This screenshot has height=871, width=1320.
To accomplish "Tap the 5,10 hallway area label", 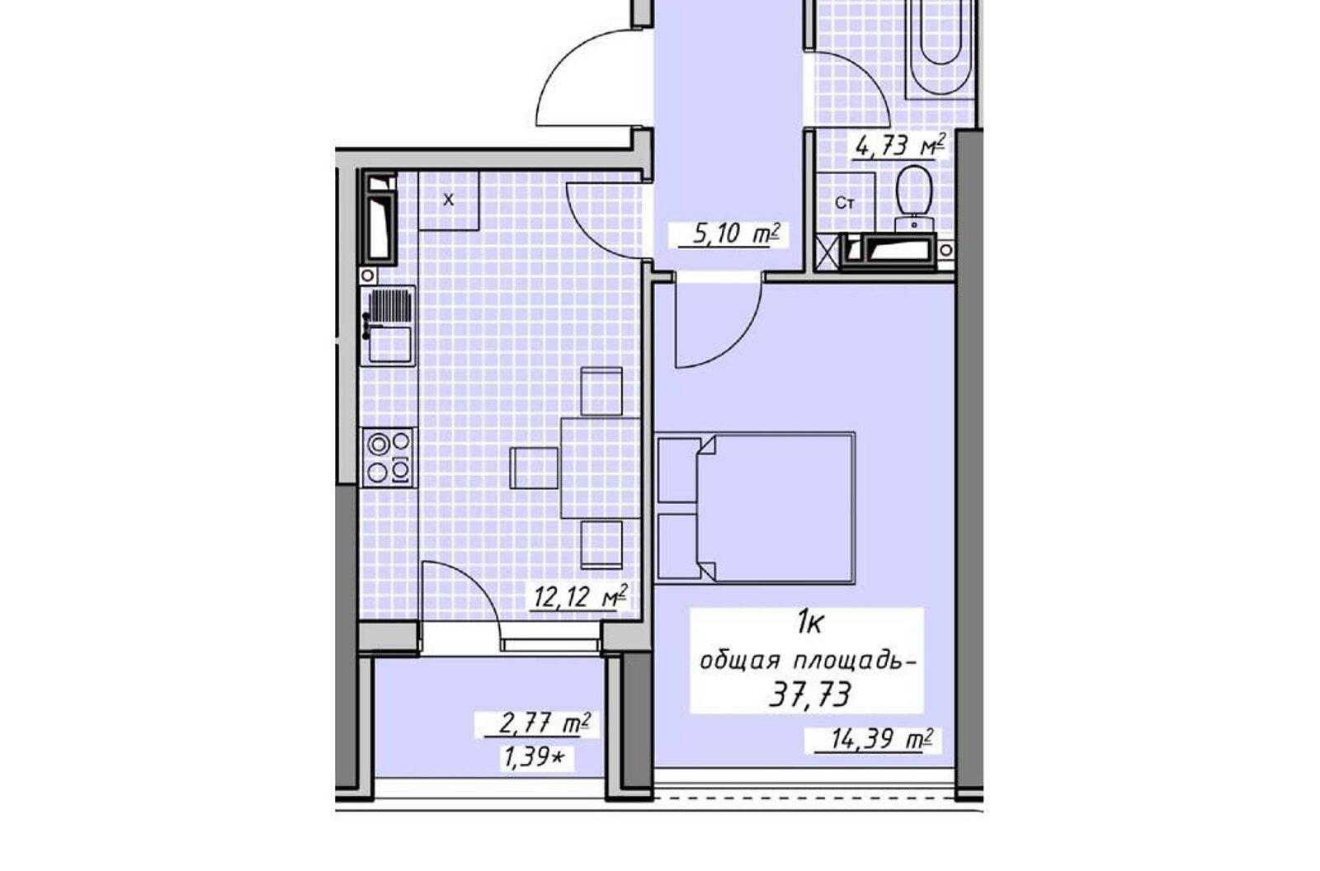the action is [729, 234].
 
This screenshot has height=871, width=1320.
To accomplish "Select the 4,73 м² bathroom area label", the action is [900, 145].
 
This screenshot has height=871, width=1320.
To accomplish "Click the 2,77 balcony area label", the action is [536, 723].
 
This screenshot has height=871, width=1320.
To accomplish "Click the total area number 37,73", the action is [808, 695].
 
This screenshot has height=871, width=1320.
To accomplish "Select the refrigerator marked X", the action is [449, 200].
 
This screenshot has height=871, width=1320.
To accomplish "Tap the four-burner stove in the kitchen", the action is [389, 457].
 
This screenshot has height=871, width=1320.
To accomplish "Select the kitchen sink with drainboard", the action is [389, 325].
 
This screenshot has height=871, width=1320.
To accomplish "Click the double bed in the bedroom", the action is [755, 508].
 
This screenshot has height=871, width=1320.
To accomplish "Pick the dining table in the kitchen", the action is [601, 468].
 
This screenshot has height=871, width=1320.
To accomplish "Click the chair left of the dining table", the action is [534, 468].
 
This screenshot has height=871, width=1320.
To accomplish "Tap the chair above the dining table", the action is [601, 391].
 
